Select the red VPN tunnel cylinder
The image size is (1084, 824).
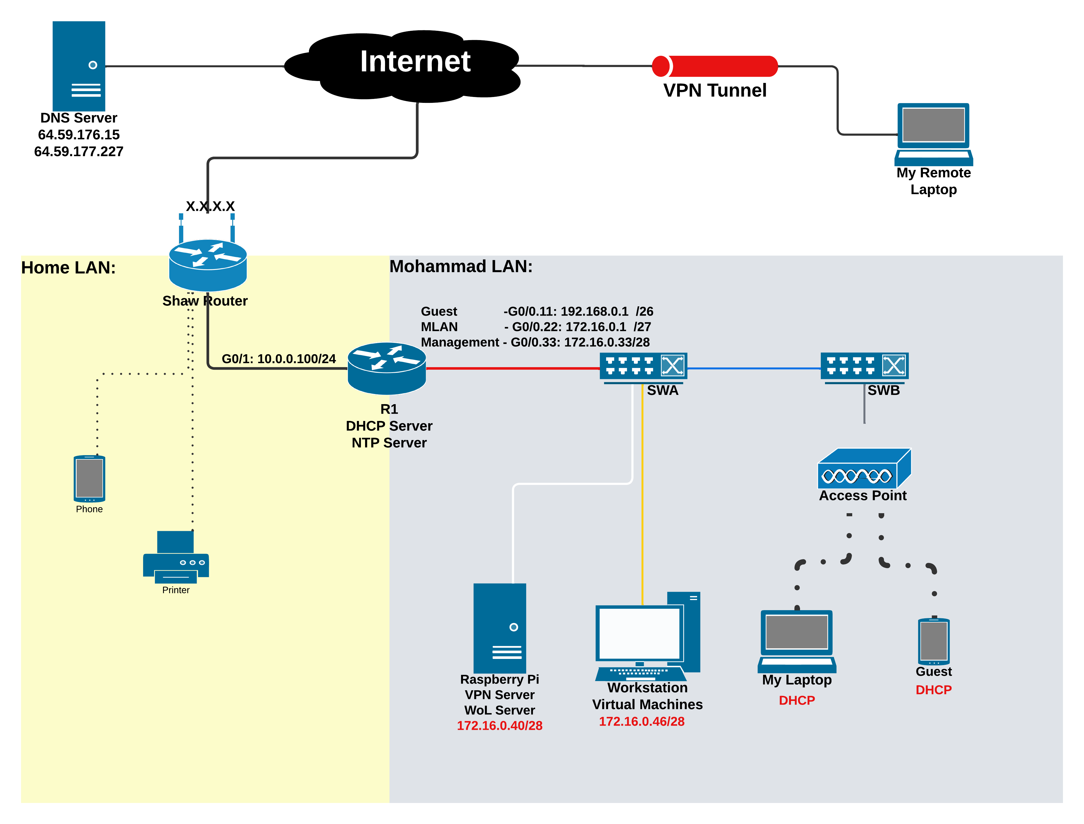(x=714, y=66)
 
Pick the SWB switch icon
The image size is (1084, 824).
(x=864, y=366)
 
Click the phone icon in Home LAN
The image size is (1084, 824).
(x=89, y=478)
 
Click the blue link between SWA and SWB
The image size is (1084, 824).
(x=754, y=368)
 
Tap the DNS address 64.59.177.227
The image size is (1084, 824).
(x=79, y=152)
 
